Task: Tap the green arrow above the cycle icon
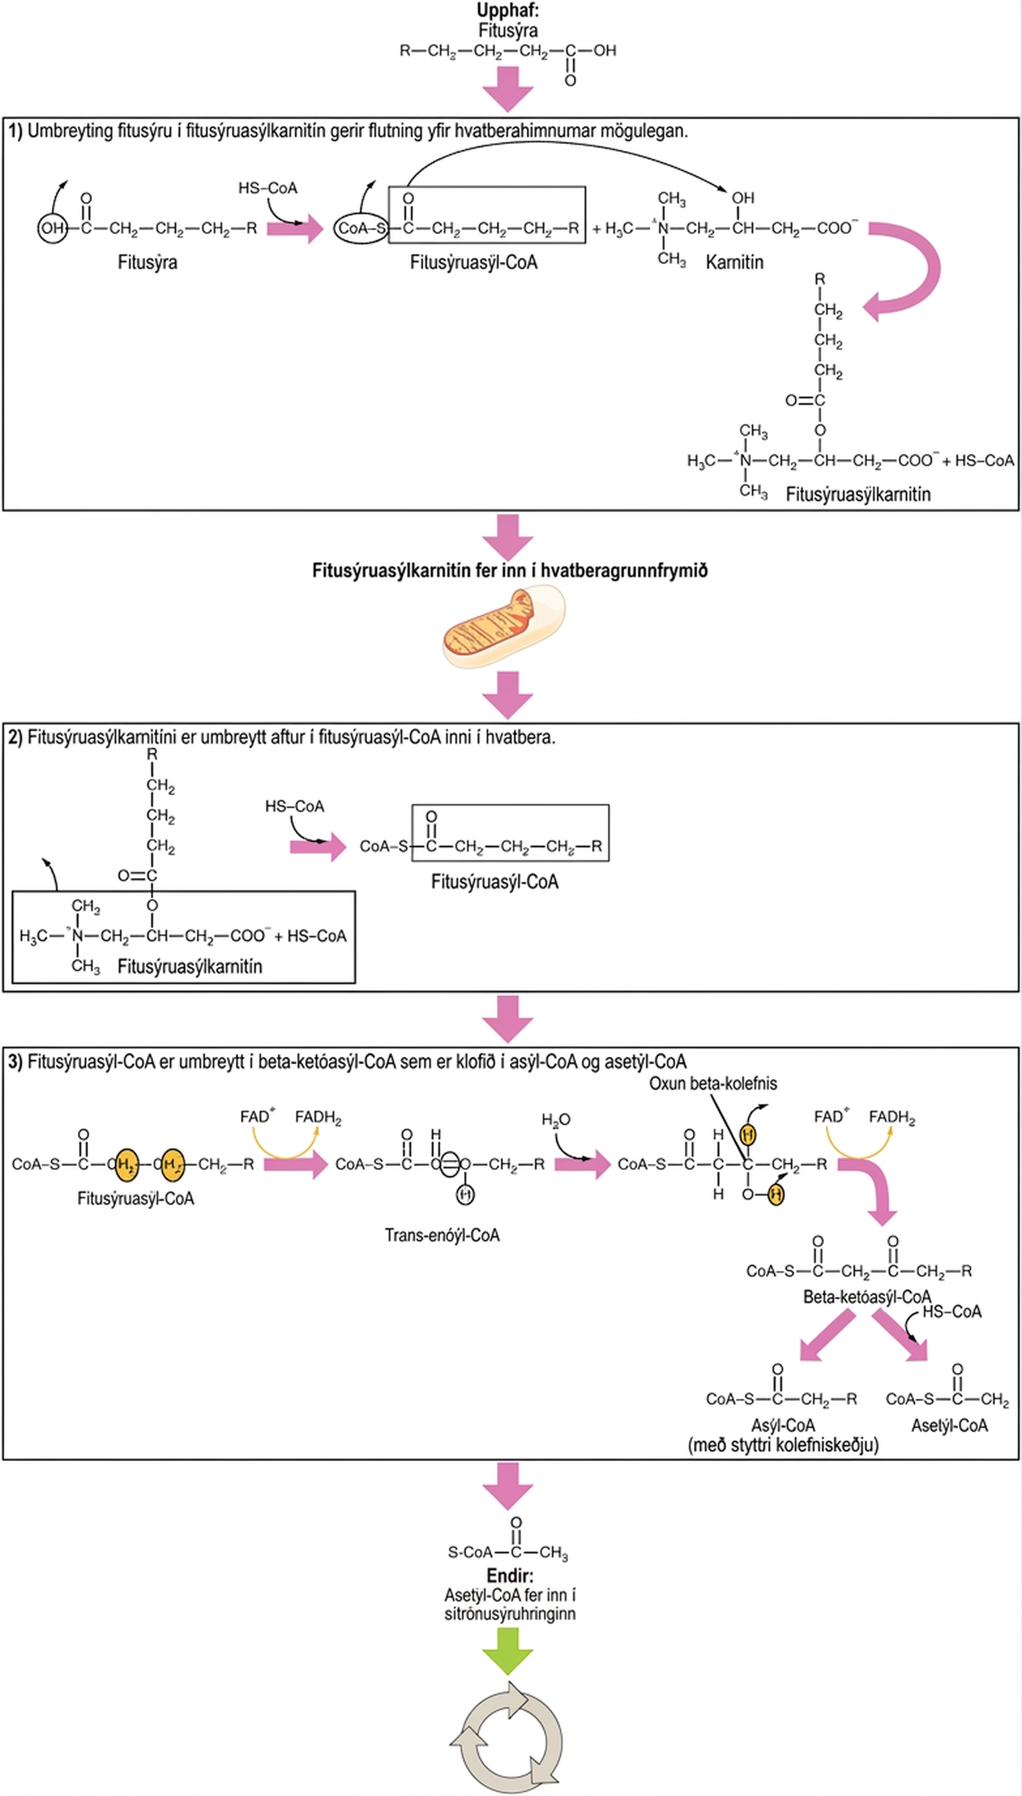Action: [508, 1652]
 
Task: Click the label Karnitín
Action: [734, 263]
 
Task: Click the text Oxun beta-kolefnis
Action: [713, 1083]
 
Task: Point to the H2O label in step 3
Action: [556, 1120]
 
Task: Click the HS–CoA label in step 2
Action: [295, 806]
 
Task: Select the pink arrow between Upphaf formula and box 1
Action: [508, 89]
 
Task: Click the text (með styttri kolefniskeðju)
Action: [783, 1445]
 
